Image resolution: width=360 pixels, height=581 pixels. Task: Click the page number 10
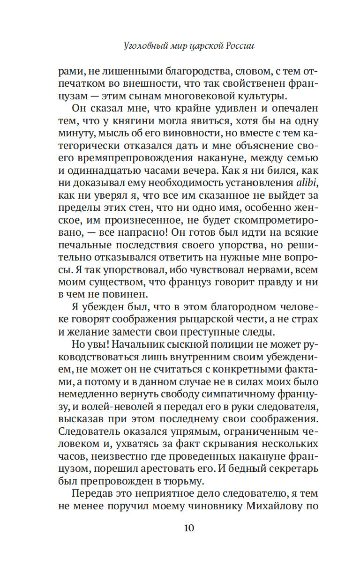(x=188, y=528)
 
